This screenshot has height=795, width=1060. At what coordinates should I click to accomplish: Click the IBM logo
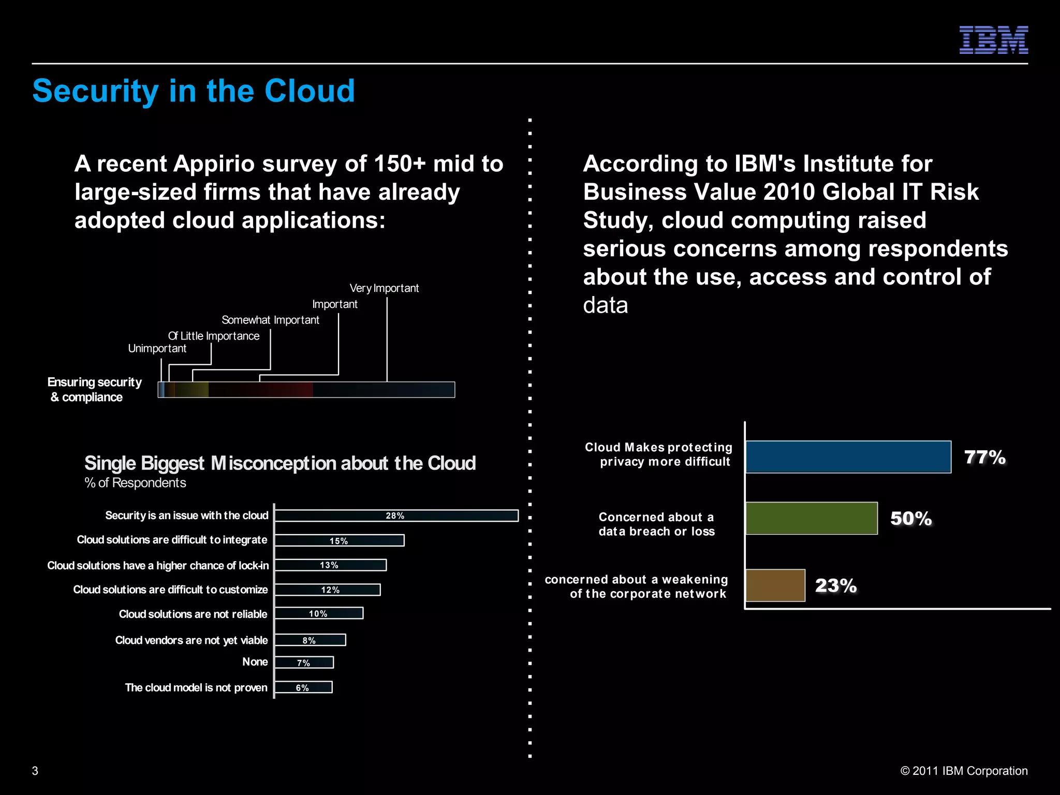click(x=993, y=40)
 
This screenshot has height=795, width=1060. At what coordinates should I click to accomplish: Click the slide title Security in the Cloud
click(x=194, y=91)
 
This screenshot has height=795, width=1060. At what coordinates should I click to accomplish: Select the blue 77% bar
click(x=848, y=457)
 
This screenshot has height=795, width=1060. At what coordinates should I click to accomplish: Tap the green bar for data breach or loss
click(x=811, y=518)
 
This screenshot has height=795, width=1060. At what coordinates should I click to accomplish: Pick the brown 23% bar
click(x=775, y=585)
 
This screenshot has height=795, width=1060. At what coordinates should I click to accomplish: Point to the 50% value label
click(x=911, y=519)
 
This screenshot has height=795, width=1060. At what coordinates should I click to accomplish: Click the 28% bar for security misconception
click(x=396, y=516)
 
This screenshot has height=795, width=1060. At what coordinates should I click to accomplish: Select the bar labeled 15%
click(x=339, y=540)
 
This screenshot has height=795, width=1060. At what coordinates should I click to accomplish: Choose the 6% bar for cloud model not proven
click(x=303, y=687)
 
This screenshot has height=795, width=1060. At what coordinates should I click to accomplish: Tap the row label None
click(x=255, y=662)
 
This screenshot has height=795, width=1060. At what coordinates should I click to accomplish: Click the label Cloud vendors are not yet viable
click(x=191, y=640)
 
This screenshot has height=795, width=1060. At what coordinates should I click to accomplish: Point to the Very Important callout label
click(x=384, y=288)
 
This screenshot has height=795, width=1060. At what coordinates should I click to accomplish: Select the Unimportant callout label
click(x=157, y=348)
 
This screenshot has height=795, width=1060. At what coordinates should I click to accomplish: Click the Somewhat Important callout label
click(x=270, y=320)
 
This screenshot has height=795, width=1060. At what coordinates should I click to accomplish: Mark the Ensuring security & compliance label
click(x=94, y=389)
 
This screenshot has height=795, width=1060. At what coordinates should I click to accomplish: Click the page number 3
click(x=35, y=771)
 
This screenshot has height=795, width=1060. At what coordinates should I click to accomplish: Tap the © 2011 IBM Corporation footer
click(x=964, y=771)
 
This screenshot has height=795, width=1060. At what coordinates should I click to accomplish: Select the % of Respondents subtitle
click(x=135, y=483)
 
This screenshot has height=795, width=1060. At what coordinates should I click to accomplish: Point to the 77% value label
click(x=984, y=458)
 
